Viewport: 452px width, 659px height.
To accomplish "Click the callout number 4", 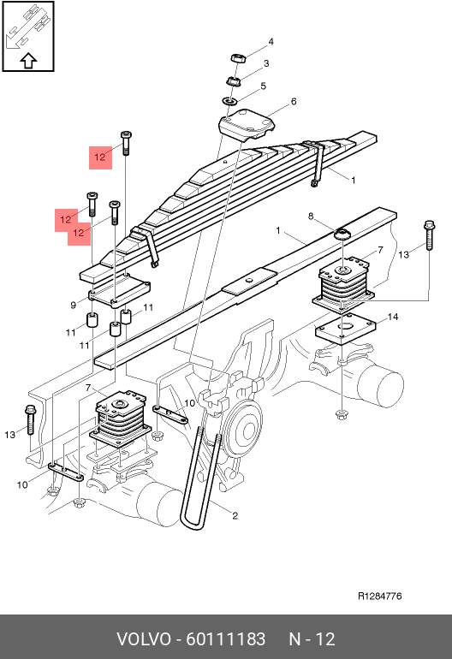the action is [x=271, y=42].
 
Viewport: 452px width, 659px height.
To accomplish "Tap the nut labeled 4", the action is [x=238, y=57].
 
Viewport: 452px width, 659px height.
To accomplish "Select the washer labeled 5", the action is [x=229, y=101].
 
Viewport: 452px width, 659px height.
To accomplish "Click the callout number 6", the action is [x=294, y=101].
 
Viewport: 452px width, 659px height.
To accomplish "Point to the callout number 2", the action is [x=235, y=515].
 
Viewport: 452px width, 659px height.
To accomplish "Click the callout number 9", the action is [x=73, y=306].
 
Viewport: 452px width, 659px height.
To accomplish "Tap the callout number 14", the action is [x=393, y=317].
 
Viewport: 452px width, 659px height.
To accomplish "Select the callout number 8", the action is [x=311, y=216].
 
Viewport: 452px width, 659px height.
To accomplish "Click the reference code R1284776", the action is [x=380, y=596].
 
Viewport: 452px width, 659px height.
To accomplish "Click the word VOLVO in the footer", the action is [x=144, y=639].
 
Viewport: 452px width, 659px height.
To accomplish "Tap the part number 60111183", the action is [x=225, y=639].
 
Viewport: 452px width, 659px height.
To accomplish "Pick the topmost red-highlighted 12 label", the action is [x=100, y=157].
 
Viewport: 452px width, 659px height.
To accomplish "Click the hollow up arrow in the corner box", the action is [x=28, y=61].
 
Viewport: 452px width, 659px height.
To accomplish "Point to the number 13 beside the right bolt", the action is [x=404, y=254].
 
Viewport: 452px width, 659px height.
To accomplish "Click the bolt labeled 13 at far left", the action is [x=30, y=419].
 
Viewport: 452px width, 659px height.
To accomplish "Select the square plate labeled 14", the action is [x=346, y=329].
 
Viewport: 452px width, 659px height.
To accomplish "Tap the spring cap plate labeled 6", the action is [x=247, y=123].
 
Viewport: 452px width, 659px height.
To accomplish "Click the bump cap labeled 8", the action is [x=342, y=234].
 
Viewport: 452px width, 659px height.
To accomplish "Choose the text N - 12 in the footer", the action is [x=312, y=639].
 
